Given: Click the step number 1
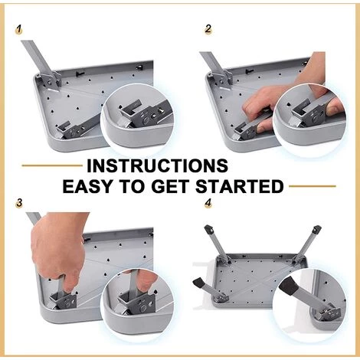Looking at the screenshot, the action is click(x=18, y=29).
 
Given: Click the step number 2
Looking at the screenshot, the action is click(x=208, y=29).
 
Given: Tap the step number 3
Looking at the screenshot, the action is click(x=19, y=203).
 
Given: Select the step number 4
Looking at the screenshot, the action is click(x=208, y=203).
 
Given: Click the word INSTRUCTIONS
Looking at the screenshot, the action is click(x=157, y=165).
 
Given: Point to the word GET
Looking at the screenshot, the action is click(x=171, y=186).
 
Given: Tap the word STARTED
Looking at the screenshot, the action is click(x=240, y=186).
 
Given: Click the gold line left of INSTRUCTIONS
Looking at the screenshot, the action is click(x=52, y=165).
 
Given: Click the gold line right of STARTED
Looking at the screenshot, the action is click(x=313, y=186).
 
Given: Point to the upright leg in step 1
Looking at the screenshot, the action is click(x=41, y=64).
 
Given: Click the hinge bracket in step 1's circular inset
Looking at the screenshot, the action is click(x=146, y=114).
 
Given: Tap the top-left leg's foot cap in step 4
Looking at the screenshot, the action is click(x=209, y=229).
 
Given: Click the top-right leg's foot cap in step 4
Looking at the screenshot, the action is click(x=316, y=230).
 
